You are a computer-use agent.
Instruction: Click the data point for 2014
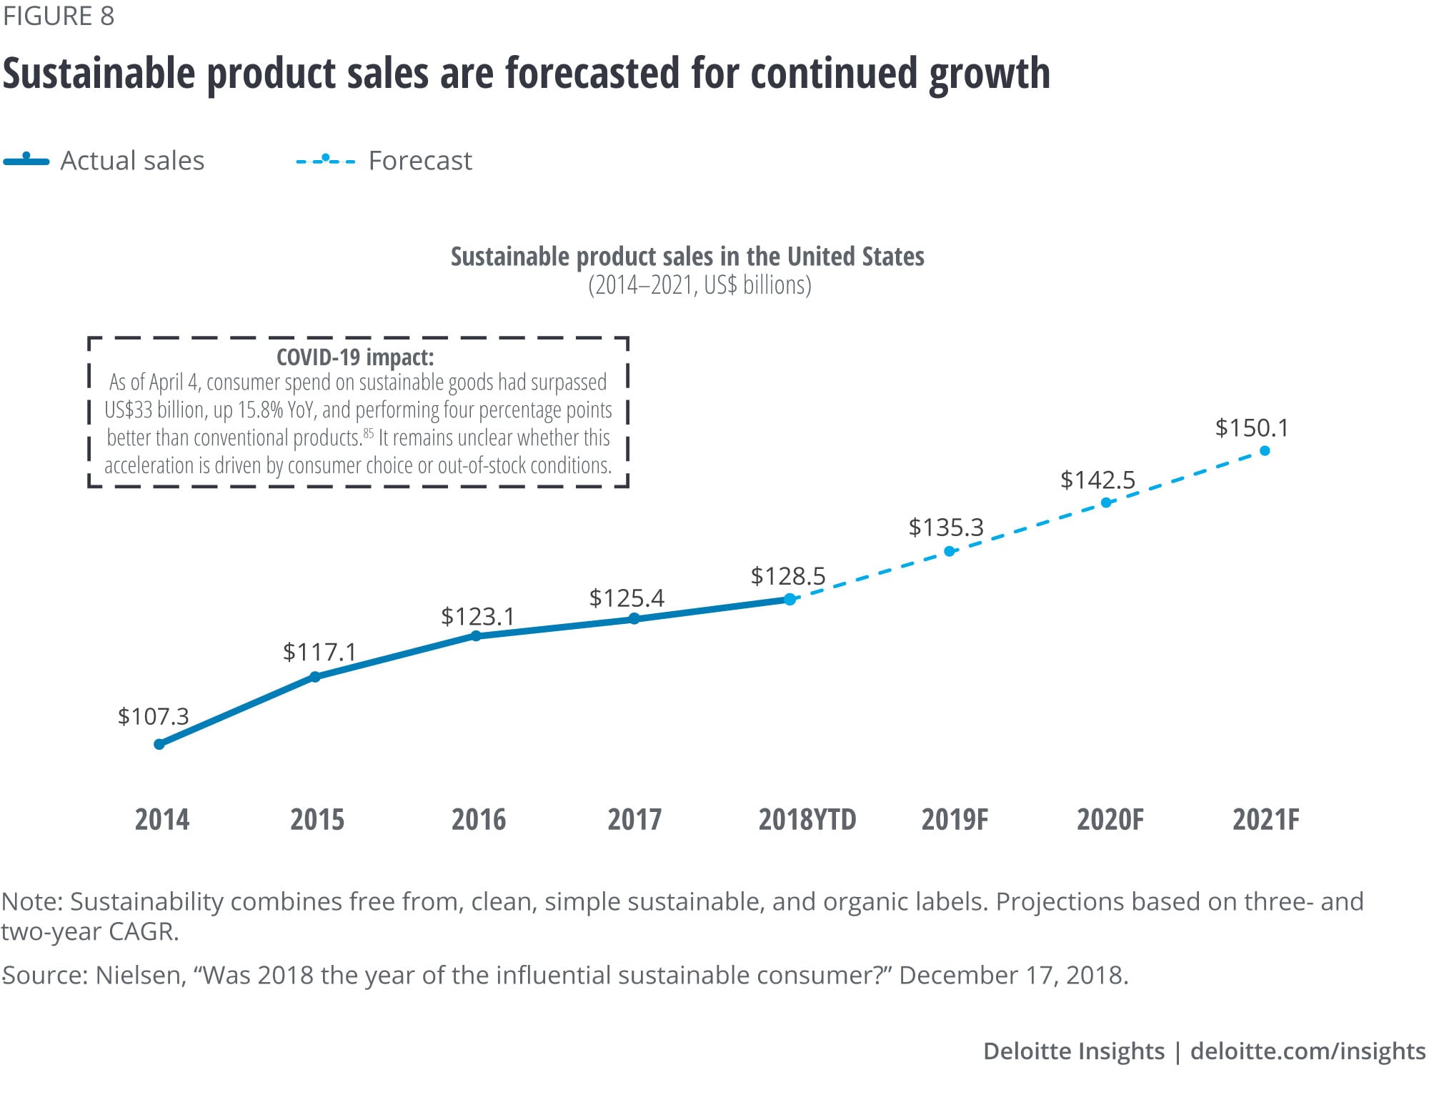159,744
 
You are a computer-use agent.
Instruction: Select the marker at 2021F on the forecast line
1265,450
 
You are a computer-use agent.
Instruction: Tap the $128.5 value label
787,576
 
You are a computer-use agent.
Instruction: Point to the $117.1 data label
319,652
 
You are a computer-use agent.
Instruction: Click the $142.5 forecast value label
1097,480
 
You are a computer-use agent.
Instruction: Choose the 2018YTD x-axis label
807,820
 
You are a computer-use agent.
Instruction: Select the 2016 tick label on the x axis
479,820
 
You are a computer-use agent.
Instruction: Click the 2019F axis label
955,820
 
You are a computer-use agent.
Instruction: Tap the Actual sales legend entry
104,161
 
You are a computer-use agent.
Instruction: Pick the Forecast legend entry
384,161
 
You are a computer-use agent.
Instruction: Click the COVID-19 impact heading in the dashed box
355,357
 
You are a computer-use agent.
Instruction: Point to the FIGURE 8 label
58,16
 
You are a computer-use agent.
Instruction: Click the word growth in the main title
990,74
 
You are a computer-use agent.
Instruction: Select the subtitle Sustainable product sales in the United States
687,256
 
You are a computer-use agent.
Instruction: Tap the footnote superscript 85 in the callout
369,432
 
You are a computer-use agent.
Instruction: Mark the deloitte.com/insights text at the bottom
1308,1051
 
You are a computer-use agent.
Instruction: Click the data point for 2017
634,618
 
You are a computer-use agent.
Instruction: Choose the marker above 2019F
950,551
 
